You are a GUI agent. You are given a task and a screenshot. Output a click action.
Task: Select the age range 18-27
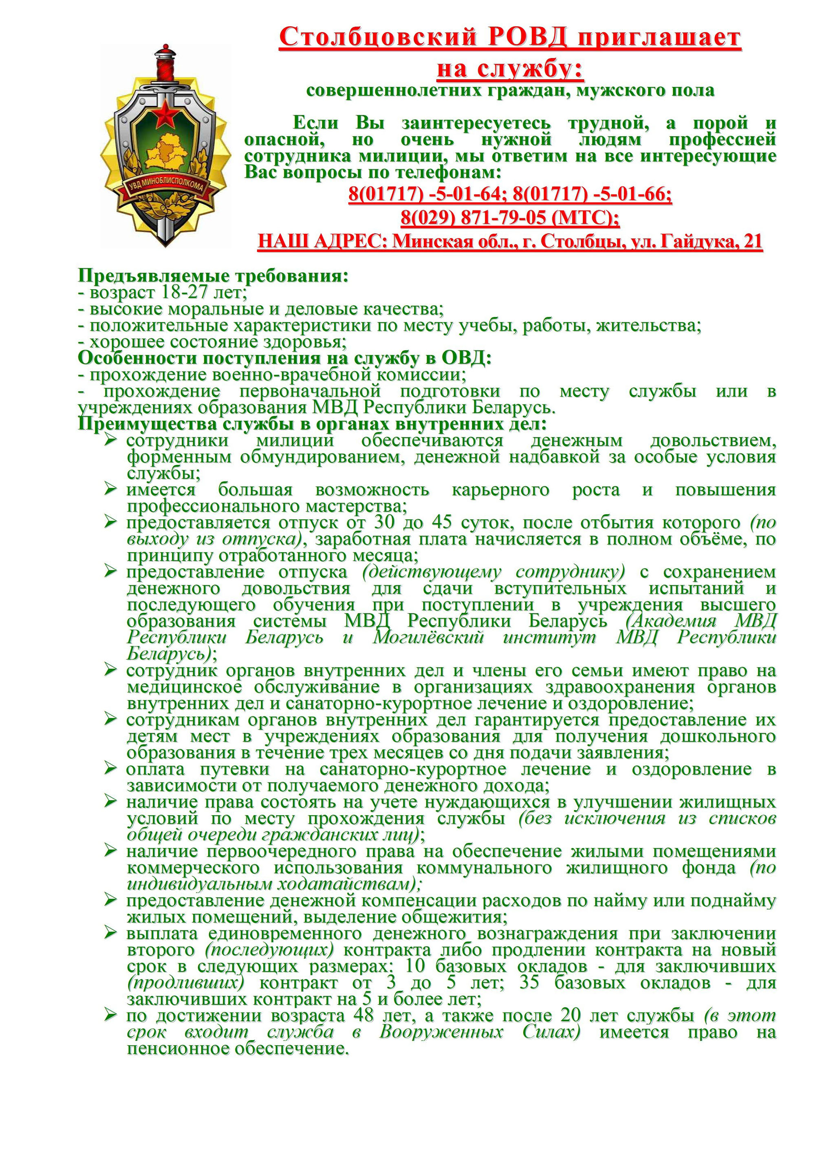point(187,292)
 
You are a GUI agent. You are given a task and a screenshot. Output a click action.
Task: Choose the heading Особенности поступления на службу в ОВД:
point(285,359)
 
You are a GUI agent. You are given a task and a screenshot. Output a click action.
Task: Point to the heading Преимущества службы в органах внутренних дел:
point(312,424)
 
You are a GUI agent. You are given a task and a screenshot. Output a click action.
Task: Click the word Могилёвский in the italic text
point(428,638)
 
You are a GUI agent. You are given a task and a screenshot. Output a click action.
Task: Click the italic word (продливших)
point(186,982)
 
